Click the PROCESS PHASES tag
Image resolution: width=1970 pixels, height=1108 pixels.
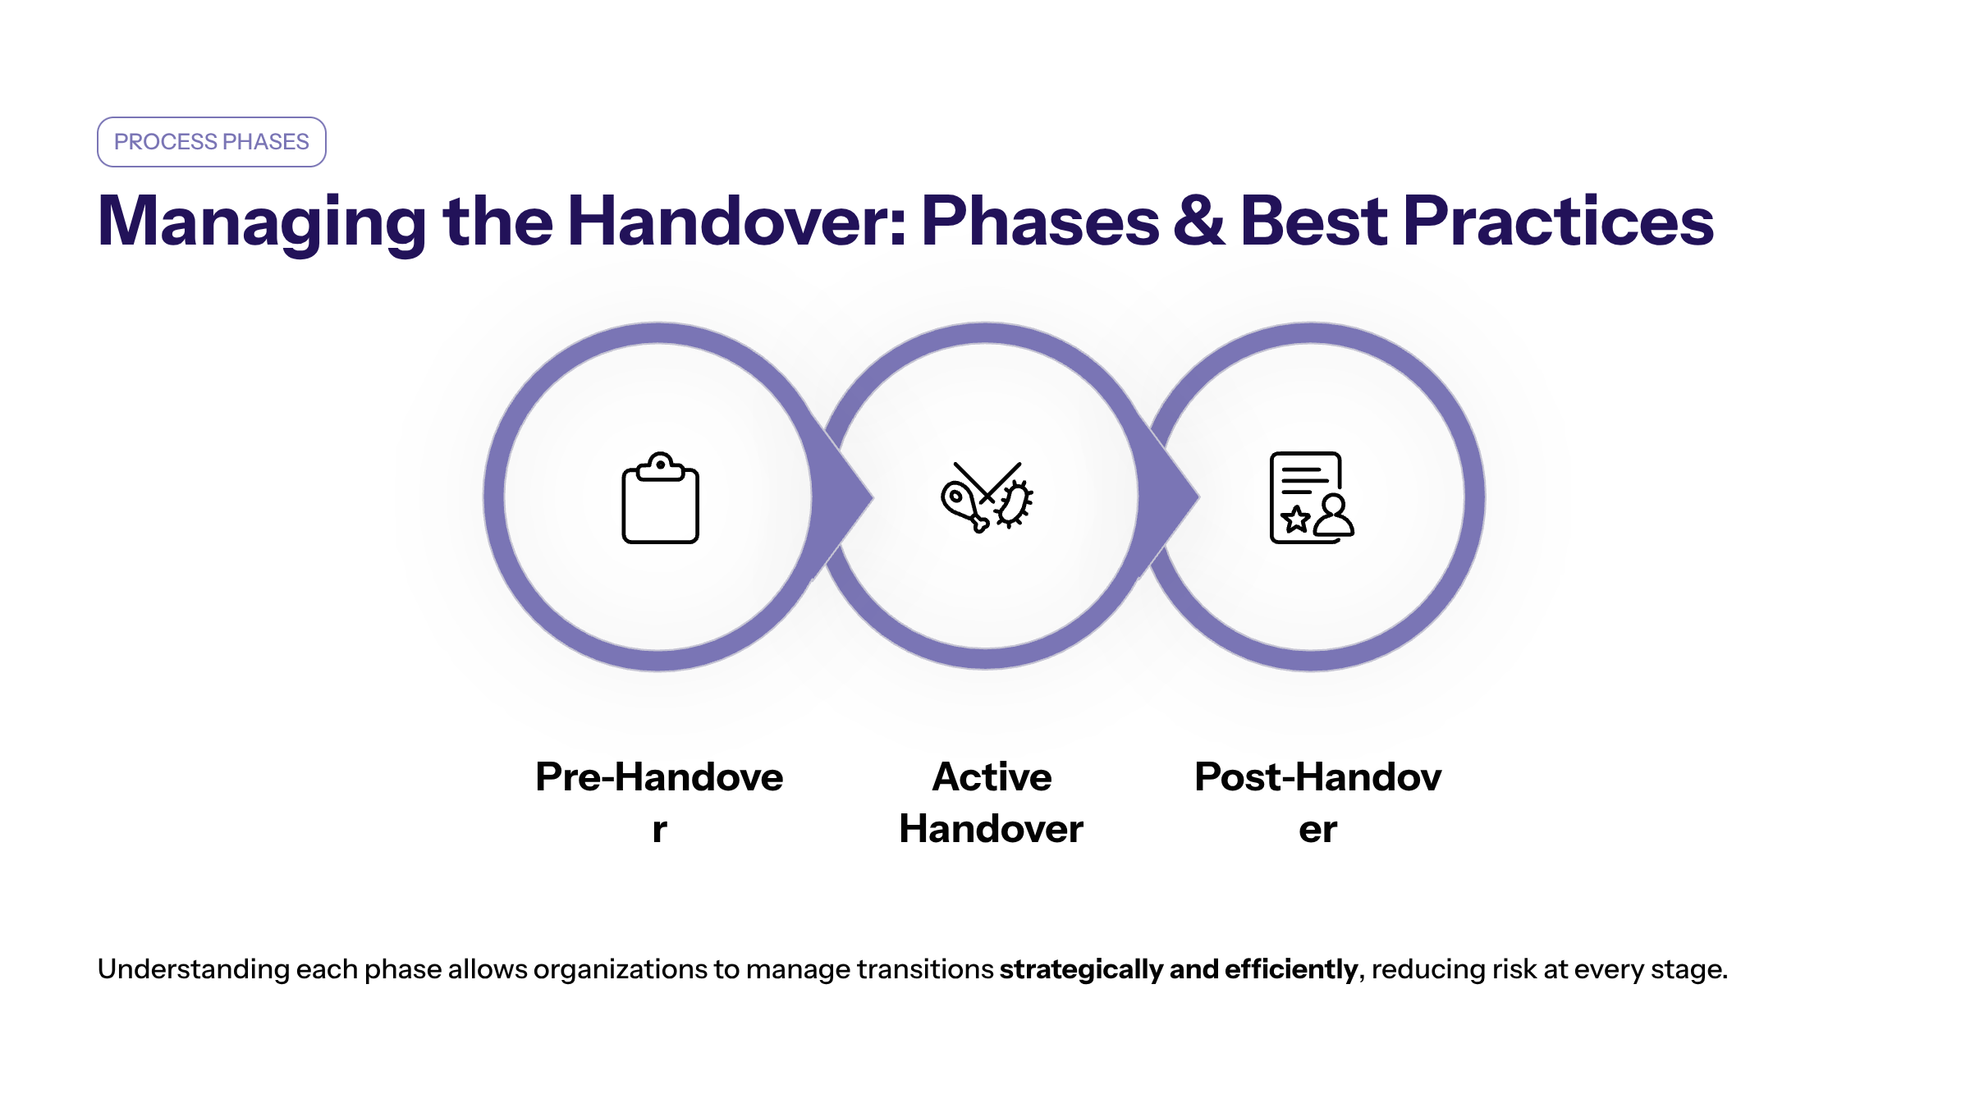[x=212, y=142]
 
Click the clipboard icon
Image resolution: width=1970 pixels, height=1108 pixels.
[x=660, y=497]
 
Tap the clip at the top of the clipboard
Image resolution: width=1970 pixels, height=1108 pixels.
[x=660, y=466]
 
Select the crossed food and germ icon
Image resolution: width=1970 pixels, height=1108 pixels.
[x=987, y=497]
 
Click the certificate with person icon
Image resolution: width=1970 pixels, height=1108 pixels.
[x=1312, y=497]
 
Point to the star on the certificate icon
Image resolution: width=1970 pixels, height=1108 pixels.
[x=1296, y=519]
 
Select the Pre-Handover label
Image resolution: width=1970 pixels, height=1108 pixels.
[x=659, y=802]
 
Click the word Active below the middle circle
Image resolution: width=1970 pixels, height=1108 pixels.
[x=992, y=776]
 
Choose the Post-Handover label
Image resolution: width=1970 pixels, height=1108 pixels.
[x=1317, y=802]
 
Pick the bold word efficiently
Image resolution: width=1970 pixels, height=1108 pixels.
[x=1291, y=969]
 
